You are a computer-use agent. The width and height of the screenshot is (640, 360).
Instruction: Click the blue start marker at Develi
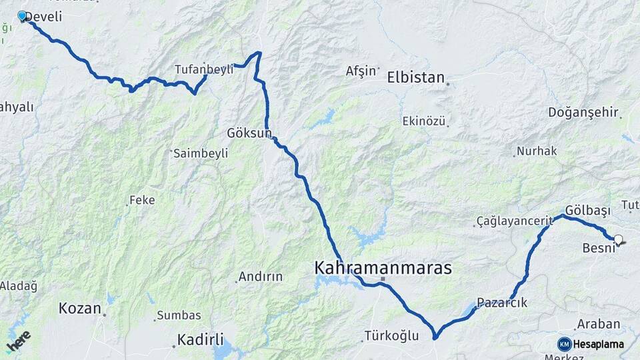pyautogui.click(x=22, y=16)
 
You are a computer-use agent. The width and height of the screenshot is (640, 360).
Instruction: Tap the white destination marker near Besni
pyautogui.click(x=618, y=239)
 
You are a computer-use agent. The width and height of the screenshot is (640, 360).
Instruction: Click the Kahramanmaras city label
pyautogui.click(x=383, y=269)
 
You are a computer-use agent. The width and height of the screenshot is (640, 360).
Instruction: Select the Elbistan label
pyautogui.click(x=415, y=77)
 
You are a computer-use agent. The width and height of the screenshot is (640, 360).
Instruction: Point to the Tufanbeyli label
pyautogui.click(x=203, y=69)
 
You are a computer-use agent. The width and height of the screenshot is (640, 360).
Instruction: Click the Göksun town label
pyautogui.click(x=249, y=133)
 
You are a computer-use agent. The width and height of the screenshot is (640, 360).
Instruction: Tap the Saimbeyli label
pyautogui.click(x=201, y=153)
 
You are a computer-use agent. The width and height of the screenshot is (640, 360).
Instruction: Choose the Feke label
pyautogui.click(x=142, y=199)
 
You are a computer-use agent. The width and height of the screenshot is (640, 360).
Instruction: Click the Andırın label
pyautogui.click(x=261, y=276)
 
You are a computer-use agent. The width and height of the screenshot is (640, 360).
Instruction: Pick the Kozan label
pyautogui.click(x=80, y=308)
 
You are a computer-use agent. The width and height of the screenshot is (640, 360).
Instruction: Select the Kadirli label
pyautogui.click(x=200, y=339)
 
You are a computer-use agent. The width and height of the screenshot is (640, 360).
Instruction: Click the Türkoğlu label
pyautogui.click(x=391, y=336)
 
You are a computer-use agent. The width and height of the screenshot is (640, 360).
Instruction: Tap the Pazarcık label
pyautogui.click(x=502, y=303)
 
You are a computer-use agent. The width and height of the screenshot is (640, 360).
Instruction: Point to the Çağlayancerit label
pyautogui.click(x=515, y=221)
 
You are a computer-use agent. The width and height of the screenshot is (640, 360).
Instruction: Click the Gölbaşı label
pyautogui.click(x=587, y=210)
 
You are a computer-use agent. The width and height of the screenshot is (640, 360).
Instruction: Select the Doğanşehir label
pyautogui.click(x=583, y=112)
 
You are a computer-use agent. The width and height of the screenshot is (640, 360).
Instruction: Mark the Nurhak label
pyautogui.click(x=537, y=151)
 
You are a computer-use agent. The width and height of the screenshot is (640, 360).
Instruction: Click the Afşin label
pyautogui.click(x=361, y=71)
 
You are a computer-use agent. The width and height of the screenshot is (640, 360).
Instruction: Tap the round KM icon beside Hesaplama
pyautogui.click(x=565, y=344)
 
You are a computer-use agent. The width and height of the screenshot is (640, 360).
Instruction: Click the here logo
pyautogui.click(x=19, y=341)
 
